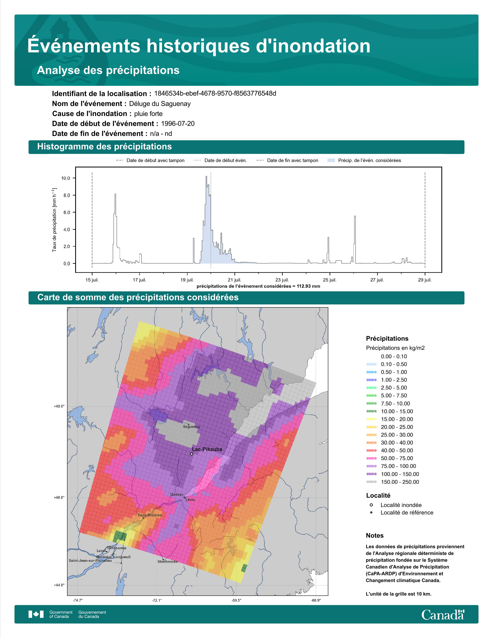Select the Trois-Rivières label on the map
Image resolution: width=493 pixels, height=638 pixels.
(149, 515)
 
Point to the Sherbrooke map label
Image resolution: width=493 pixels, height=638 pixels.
(168, 561)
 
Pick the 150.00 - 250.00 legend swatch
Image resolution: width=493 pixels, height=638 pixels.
(371, 482)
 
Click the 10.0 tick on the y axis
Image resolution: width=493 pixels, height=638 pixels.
(66, 178)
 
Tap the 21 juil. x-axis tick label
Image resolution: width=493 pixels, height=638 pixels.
(235, 280)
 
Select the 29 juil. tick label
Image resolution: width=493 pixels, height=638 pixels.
(425, 280)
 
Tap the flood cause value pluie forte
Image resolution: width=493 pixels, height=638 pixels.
(148, 114)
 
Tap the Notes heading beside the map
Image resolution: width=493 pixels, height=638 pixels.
(374, 536)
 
